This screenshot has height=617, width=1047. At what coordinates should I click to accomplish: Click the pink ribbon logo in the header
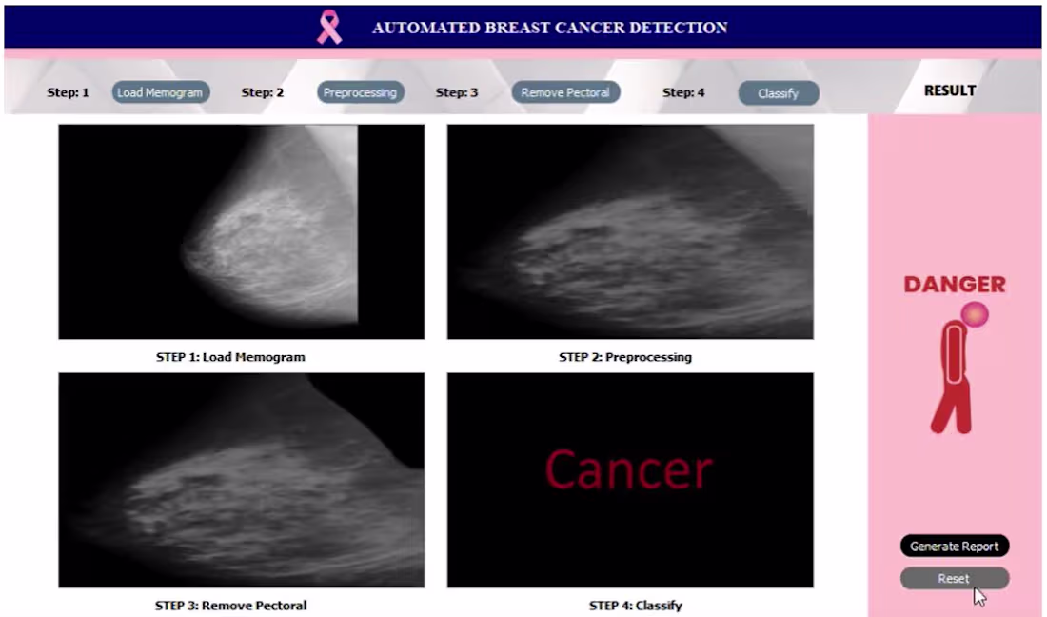tap(329, 27)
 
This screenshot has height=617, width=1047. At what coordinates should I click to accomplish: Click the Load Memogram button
tap(160, 92)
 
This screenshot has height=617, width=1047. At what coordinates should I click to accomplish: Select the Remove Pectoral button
tap(565, 92)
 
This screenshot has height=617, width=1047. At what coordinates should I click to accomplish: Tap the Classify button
tap(778, 93)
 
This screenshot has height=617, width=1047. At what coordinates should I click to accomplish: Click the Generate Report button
tap(954, 547)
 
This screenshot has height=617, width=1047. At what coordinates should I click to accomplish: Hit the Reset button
tap(954, 578)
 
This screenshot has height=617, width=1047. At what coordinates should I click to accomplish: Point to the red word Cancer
tap(628, 469)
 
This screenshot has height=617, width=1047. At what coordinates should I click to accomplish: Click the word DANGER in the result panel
tap(954, 284)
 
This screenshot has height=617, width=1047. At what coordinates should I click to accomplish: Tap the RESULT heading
tap(950, 90)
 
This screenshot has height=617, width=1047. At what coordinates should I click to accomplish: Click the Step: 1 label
tap(68, 92)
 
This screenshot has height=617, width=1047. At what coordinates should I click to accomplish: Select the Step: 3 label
tap(457, 92)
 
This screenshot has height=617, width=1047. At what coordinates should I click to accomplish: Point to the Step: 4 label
tap(683, 92)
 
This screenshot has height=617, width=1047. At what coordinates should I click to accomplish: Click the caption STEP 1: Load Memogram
tap(230, 357)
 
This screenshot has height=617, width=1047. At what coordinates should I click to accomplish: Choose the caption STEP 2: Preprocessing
tap(625, 357)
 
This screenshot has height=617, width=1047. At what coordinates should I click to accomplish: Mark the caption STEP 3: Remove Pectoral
tap(230, 605)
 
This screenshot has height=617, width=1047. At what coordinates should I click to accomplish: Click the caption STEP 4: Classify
tap(636, 605)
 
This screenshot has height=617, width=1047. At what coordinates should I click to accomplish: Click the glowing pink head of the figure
tap(975, 314)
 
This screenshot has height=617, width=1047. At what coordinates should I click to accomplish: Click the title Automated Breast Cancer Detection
tap(550, 28)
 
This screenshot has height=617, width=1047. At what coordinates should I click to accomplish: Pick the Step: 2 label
tap(263, 92)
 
